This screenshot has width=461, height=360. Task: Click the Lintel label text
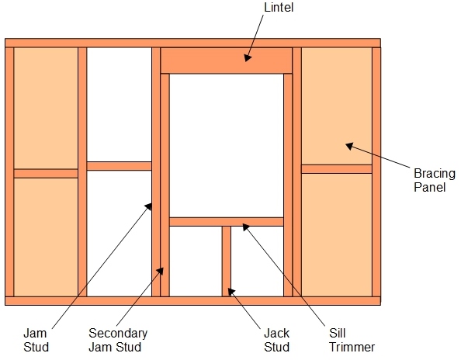coord(279,7)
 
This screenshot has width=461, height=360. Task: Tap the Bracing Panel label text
coord(435,180)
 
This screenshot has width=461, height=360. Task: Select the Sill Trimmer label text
coord(352,340)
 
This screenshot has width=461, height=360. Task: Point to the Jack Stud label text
coord(276,340)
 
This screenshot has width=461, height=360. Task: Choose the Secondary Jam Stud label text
coord(118,340)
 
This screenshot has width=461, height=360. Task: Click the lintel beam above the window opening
coord(227,61)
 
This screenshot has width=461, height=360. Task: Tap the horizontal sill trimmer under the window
coord(227,222)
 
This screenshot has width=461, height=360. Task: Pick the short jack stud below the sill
coord(227,261)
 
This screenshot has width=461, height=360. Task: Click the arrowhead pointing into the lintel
coord(248,58)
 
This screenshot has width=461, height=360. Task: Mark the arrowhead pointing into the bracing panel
coord(349,145)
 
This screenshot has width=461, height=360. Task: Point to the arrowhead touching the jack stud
coord(231,292)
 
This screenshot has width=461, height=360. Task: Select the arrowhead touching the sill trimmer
coord(245,227)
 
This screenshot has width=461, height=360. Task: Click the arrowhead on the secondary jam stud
coord(161,270)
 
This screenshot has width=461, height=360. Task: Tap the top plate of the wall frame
coord(193,43)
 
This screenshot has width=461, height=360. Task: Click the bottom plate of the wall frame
coord(193,300)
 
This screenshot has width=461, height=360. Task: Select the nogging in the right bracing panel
coord(337,169)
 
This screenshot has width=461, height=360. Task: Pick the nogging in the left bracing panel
coord(46,173)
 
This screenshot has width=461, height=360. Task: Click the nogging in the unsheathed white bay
coord(119,166)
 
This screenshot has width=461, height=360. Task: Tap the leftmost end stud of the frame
coord(9,172)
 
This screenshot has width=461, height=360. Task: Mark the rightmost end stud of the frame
coord(376,172)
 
